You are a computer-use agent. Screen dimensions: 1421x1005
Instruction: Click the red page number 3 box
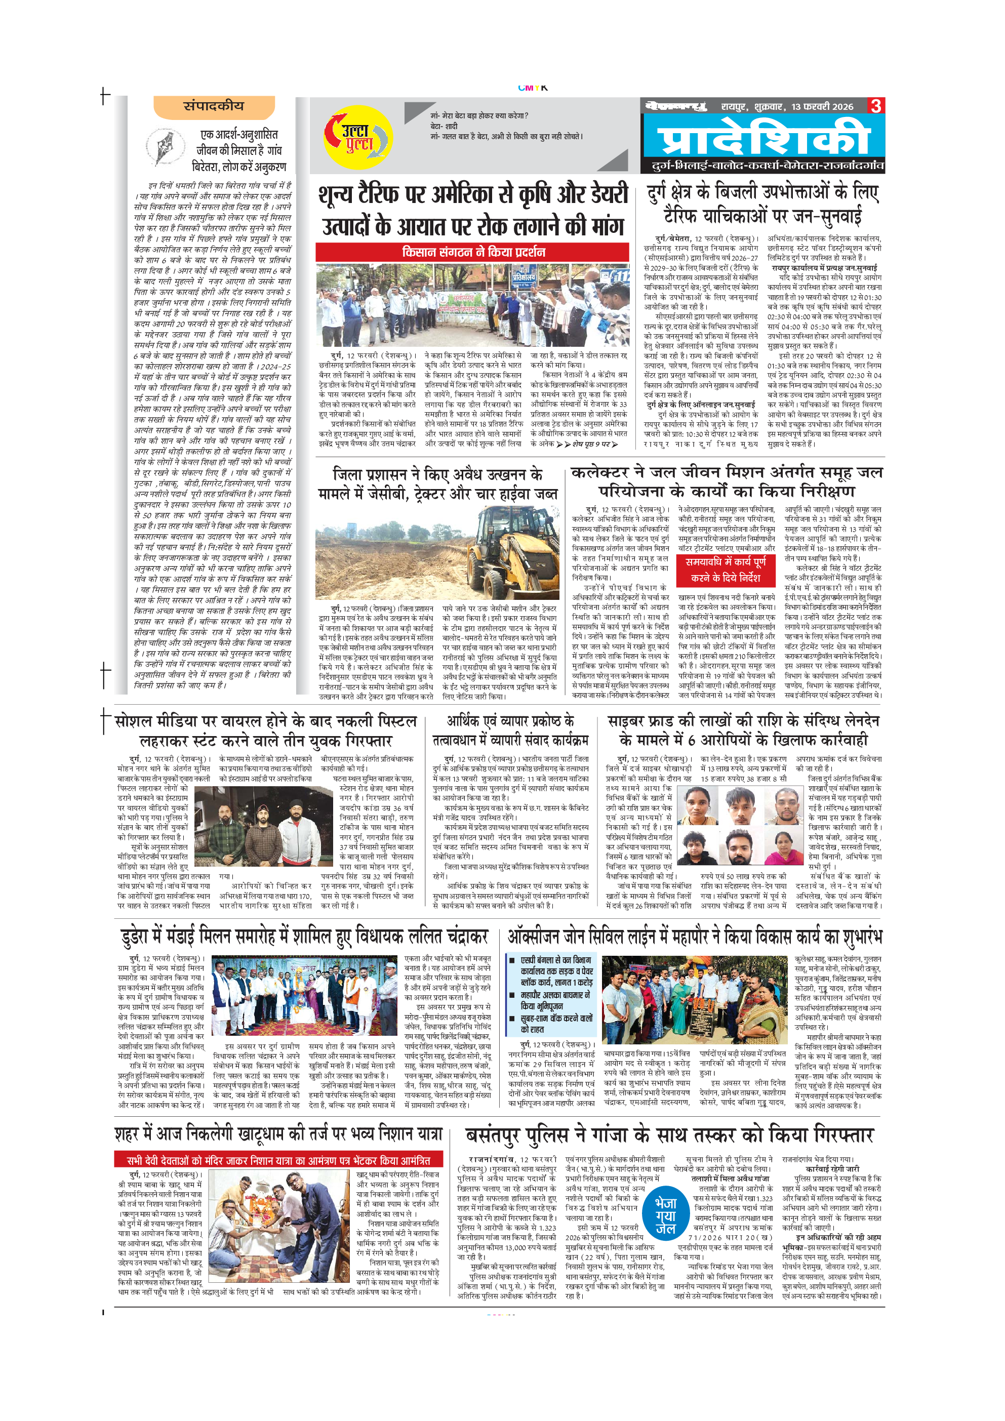[x=876, y=106]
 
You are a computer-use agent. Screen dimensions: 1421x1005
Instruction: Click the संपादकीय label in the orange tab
[x=214, y=106]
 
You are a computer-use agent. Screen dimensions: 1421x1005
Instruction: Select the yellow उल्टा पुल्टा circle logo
[x=357, y=137]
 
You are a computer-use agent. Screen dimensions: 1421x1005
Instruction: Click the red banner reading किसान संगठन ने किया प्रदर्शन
[x=473, y=252]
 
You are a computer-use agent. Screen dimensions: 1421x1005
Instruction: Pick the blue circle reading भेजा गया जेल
[x=665, y=1215]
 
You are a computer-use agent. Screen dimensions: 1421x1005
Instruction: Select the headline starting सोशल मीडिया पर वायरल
[x=266, y=731]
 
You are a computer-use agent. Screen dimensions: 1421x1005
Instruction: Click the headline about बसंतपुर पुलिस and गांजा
[x=670, y=1134]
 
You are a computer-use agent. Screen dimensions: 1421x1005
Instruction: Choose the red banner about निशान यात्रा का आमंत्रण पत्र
[x=278, y=1160]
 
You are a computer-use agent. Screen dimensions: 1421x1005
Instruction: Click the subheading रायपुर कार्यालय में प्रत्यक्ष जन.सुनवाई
[x=824, y=268]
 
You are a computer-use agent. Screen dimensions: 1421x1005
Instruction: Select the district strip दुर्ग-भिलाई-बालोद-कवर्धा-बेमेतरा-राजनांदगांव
[x=768, y=166]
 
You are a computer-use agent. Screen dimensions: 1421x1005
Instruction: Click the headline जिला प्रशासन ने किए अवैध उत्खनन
[x=437, y=484]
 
